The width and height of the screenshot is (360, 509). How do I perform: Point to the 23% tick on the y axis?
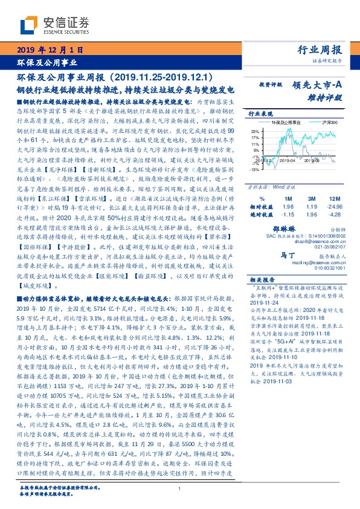[256, 131]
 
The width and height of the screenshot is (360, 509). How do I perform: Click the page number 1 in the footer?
[179, 488]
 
